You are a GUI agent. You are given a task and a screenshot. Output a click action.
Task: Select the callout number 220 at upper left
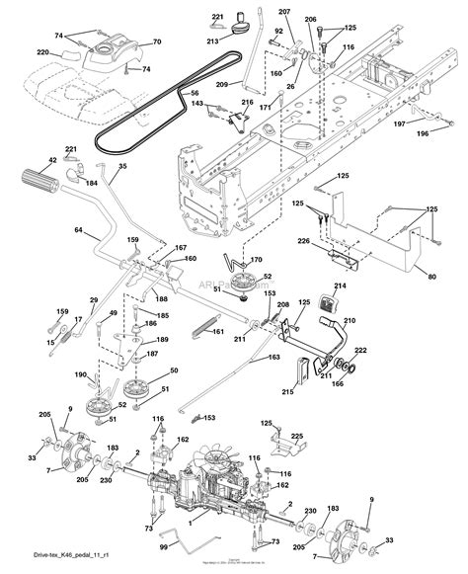coord(42,51)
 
